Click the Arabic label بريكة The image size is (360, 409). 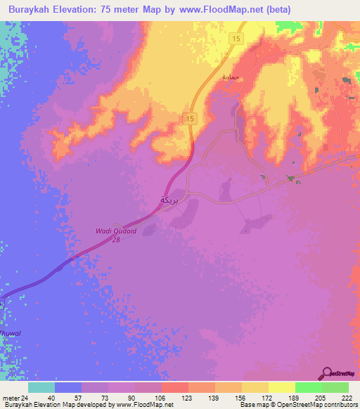coord(169,200)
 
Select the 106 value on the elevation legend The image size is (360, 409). coord(161,397)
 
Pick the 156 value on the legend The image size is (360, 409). coord(240,397)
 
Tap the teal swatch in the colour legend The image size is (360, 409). coord(41,387)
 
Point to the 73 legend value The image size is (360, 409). coord(108,397)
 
